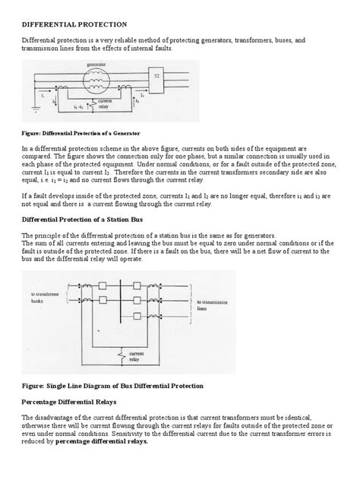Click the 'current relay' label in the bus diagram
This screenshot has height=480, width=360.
point(137,357)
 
